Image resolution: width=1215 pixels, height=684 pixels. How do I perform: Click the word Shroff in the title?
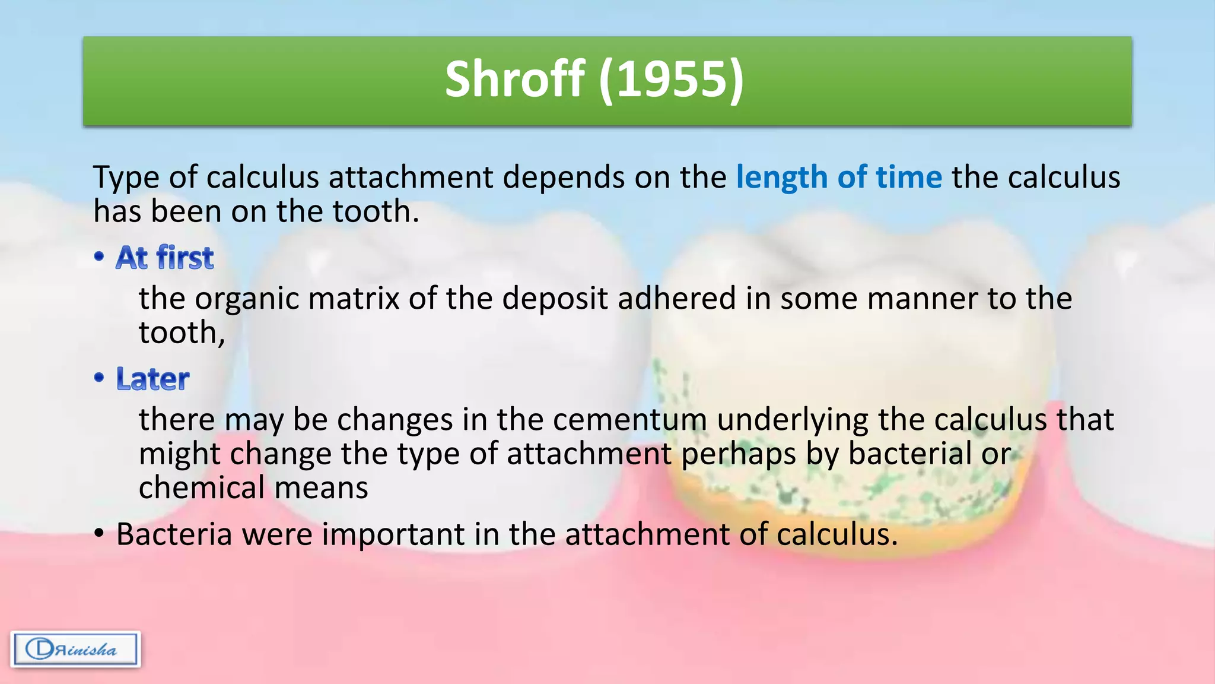(515, 80)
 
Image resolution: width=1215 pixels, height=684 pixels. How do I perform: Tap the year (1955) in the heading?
(671, 80)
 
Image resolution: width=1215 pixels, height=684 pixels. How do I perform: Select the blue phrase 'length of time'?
(838, 178)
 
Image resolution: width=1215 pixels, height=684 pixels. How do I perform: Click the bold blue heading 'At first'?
(164, 258)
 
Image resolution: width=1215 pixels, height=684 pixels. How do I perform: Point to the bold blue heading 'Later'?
(152, 379)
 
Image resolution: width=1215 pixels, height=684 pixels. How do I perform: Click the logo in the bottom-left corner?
(75, 649)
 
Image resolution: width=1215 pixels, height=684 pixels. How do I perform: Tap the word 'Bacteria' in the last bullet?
(174, 534)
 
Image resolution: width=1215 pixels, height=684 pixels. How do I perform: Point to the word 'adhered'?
(676, 299)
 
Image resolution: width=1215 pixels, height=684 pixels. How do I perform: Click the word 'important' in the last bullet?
(393, 534)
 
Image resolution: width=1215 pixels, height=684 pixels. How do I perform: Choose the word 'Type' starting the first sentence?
(126, 178)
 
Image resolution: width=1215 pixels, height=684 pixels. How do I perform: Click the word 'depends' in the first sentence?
(564, 178)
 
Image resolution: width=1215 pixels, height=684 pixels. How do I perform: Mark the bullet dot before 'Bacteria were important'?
(100, 534)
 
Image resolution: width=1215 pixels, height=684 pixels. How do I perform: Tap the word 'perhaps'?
(738, 454)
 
